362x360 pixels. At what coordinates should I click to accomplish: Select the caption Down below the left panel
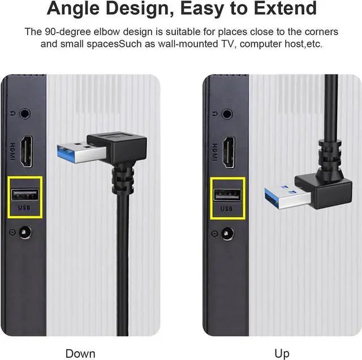(x=80, y=354)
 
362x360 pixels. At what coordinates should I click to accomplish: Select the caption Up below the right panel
(x=282, y=354)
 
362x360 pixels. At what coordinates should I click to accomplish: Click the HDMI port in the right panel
(x=228, y=150)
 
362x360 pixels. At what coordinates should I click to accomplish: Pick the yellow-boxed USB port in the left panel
(x=25, y=195)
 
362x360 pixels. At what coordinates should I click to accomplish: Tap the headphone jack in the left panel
(x=24, y=112)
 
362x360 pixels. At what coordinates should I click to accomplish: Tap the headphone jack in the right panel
(x=227, y=114)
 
